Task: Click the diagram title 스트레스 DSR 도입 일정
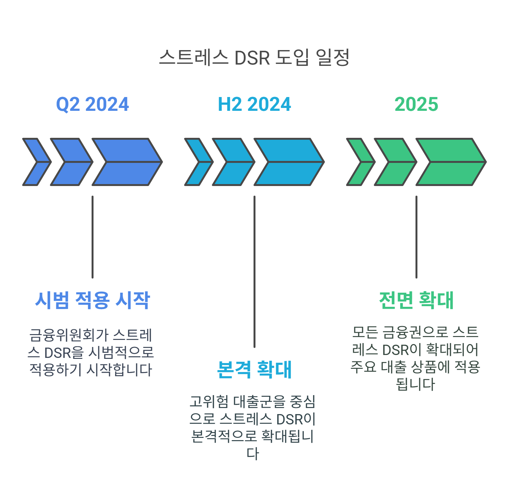click(254, 58)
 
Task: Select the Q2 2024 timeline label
click(93, 104)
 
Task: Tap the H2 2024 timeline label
click(254, 104)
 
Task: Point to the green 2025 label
click(416, 104)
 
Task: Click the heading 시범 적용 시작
click(93, 300)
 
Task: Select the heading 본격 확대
click(254, 369)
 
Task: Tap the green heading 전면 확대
click(416, 300)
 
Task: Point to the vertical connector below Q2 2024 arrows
click(93, 237)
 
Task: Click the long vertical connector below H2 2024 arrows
click(254, 271)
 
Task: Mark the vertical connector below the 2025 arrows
click(416, 237)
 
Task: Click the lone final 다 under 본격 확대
click(253, 453)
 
